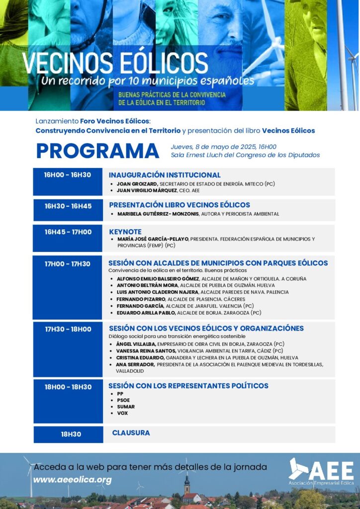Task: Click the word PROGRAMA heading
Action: (x=97, y=151)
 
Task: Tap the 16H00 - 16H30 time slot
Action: (x=68, y=175)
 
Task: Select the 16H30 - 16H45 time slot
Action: (x=68, y=206)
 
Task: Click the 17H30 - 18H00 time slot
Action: (x=68, y=329)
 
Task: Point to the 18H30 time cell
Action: (x=71, y=434)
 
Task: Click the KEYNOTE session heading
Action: (x=125, y=232)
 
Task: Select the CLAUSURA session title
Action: (x=131, y=433)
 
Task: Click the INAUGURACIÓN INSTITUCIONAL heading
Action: (x=165, y=175)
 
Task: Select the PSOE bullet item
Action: (x=123, y=400)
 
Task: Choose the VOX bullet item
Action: (x=122, y=413)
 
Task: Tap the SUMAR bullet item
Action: (x=126, y=407)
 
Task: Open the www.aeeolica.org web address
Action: (x=73, y=480)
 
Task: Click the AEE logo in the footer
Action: (x=321, y=472)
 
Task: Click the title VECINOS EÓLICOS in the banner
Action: (x=115, y=63)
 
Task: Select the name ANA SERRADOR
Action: (x=135, y=364)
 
